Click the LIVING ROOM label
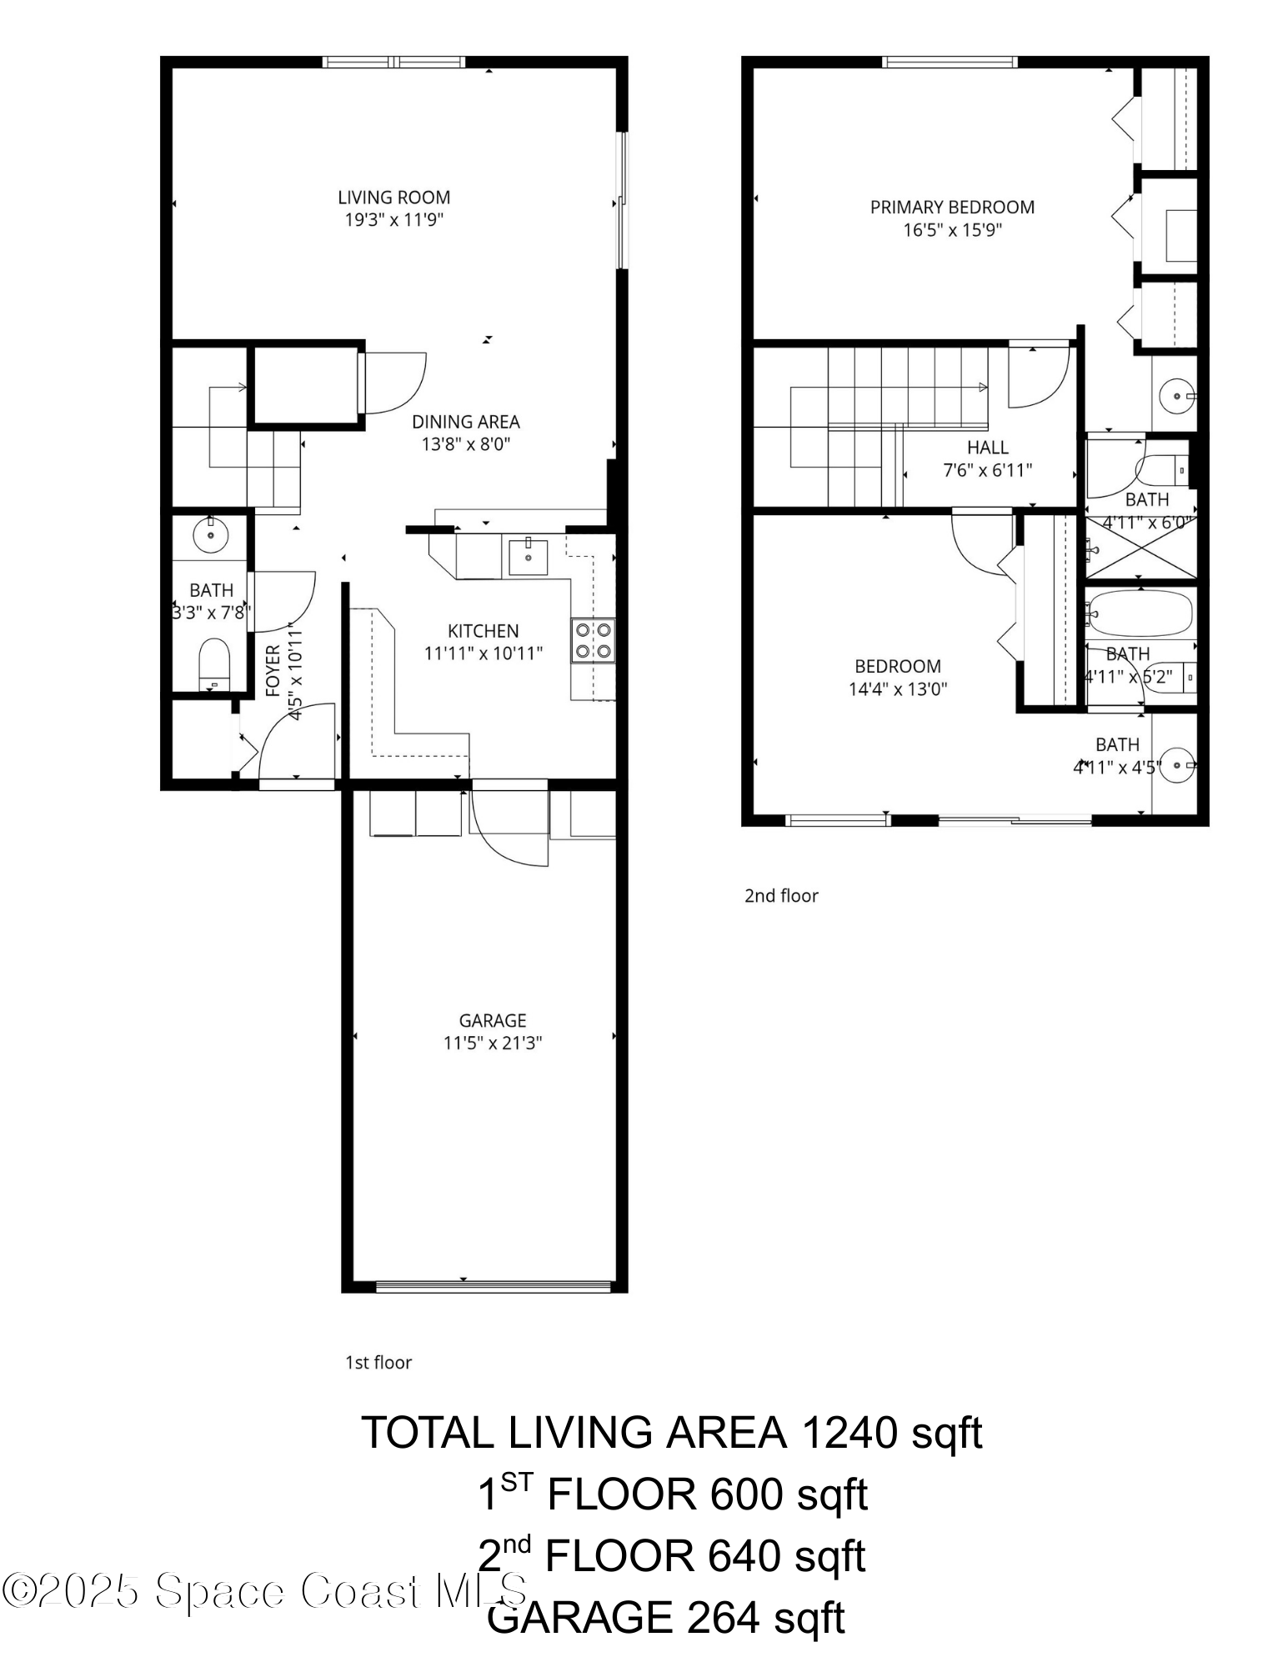pos(393,198)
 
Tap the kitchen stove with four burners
pos(594,640)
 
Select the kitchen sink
pos(528,558)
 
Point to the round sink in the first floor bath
pos(210,534)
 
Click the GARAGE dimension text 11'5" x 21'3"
pos(493,1043)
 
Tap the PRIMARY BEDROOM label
pos(952,208)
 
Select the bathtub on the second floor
pos(1140,614)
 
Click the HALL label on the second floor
pos(988,448)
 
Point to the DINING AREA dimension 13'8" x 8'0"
pos(465,444)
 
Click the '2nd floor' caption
pos(781,896)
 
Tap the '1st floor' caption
pos(378,1363)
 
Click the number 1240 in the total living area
pos(849,1433)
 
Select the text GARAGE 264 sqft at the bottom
pos(665,1618)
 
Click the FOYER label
pos(273,670)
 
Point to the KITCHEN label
pos(483,631)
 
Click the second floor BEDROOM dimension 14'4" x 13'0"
pos(898,689)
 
